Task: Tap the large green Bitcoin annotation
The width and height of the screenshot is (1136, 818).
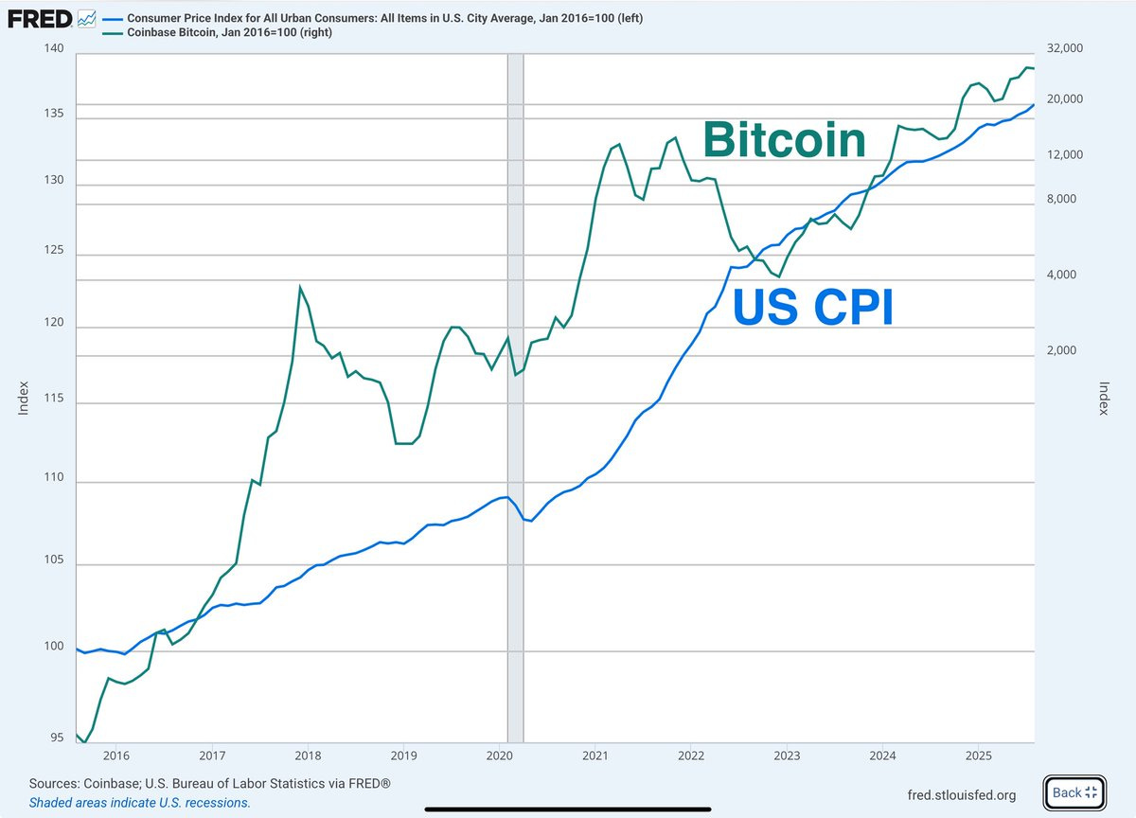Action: [x=784, y=140]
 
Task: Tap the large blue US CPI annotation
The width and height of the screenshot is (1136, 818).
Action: [x=813, y=308]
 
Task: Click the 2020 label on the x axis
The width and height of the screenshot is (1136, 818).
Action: [x=499, y=756]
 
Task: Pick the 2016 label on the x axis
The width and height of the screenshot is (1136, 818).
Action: [x=115, y=756]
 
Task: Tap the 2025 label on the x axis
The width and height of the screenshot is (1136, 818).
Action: [x=978, y=756]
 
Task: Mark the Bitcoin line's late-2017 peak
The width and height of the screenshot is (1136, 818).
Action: [x=300, y=287]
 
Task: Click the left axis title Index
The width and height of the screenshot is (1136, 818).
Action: [x=24, y=398]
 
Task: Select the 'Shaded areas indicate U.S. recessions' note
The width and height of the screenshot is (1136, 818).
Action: [x=139, y=802]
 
